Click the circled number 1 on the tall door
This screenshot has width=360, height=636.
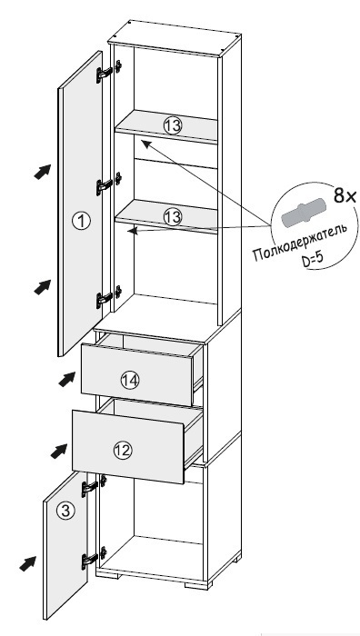[x=81, y=221]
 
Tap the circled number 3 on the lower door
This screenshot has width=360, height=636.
[x=65, y=511]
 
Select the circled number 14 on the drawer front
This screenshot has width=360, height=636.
[x=130, y=380]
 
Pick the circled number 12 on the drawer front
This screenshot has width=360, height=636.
[x=124, y=450]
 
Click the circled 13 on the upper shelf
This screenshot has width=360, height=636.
[x=173, y=125]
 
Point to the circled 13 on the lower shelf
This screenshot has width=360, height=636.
[x=173, y=217]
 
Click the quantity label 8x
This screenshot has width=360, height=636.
[x=345, y=196]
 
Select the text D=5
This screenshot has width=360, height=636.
[x=313, y=260]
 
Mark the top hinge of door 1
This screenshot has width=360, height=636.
[x=108, y=72]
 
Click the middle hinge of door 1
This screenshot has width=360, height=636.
[x=108, y=184]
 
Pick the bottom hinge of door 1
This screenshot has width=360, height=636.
[x=108, y=298]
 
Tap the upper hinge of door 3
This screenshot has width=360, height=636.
[x=94, y=486]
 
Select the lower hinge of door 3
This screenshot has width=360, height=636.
[x=94, y=558]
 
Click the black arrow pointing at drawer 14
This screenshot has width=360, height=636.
[x=67, y=379]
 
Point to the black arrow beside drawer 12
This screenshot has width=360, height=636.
[x=59, y=451]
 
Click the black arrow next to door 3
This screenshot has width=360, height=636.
[x=27, y=564]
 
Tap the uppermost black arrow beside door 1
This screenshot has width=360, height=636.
[x=43, y=171]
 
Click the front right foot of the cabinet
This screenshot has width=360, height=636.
[x=198, y=585]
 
